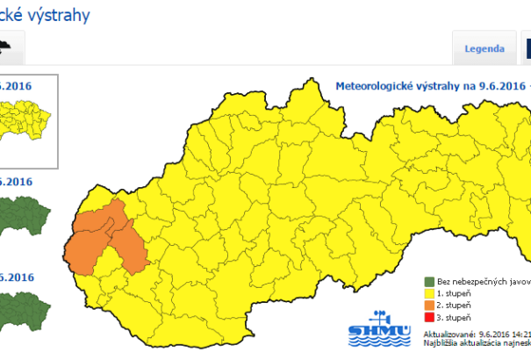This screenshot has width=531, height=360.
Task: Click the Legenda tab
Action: pyautogui.click(x=484, y=48)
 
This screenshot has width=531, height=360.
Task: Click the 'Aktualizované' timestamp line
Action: pyautogui.click(x=474, y=335)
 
